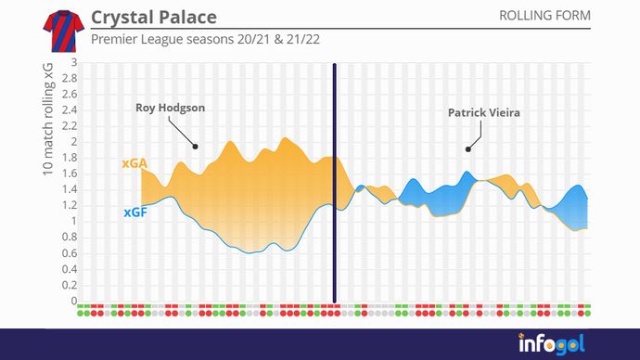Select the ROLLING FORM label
[x=544, y=16]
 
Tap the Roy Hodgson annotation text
[x=170, y=108]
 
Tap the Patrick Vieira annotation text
[x=483, y=113]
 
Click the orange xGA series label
[x=134, y=163]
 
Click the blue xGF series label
[x=134, y=212]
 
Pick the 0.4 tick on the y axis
[x=70, y=269]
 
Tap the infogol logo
[x=551, y=344]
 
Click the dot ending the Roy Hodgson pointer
[x=195, y=147]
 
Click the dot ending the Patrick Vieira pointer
[x=468, y=148]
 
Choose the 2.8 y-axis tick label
[x=70, y=80]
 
